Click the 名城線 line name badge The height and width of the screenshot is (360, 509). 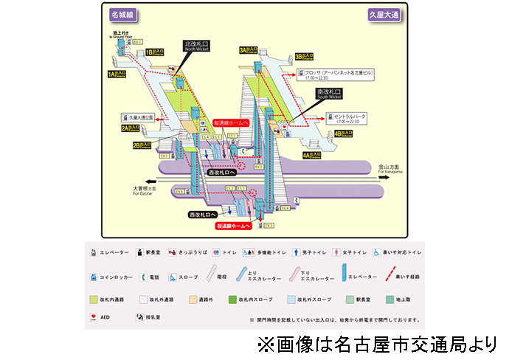pyautogui.click(x=122, y=14)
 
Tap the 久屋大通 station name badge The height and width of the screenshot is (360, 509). pyautogui.click(x=384, y=14)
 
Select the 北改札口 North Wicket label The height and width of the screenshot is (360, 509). pyautogui.click(x=197, y=46)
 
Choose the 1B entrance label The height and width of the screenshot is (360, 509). pyautogui.click(x=155, y=52)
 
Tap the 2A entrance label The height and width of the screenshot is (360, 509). pyautogui.click(x=131, y=128)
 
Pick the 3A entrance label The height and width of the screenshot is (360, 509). pyautogui.click(x=249, y=50)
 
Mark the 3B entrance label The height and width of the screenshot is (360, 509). pyautogui.click(x=305, y=56)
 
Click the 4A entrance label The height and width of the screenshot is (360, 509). pyautogui.click(x=312, y=156)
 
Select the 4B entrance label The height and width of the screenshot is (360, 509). pyautogui.click(x=344, y=134)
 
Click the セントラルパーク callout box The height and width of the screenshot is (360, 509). pyautogui.click(x=350, y=117)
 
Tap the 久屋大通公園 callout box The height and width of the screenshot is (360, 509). pyautogui.click(x=139, y=117)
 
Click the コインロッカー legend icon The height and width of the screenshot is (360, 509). pyautogui.click(x=93, y=277)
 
